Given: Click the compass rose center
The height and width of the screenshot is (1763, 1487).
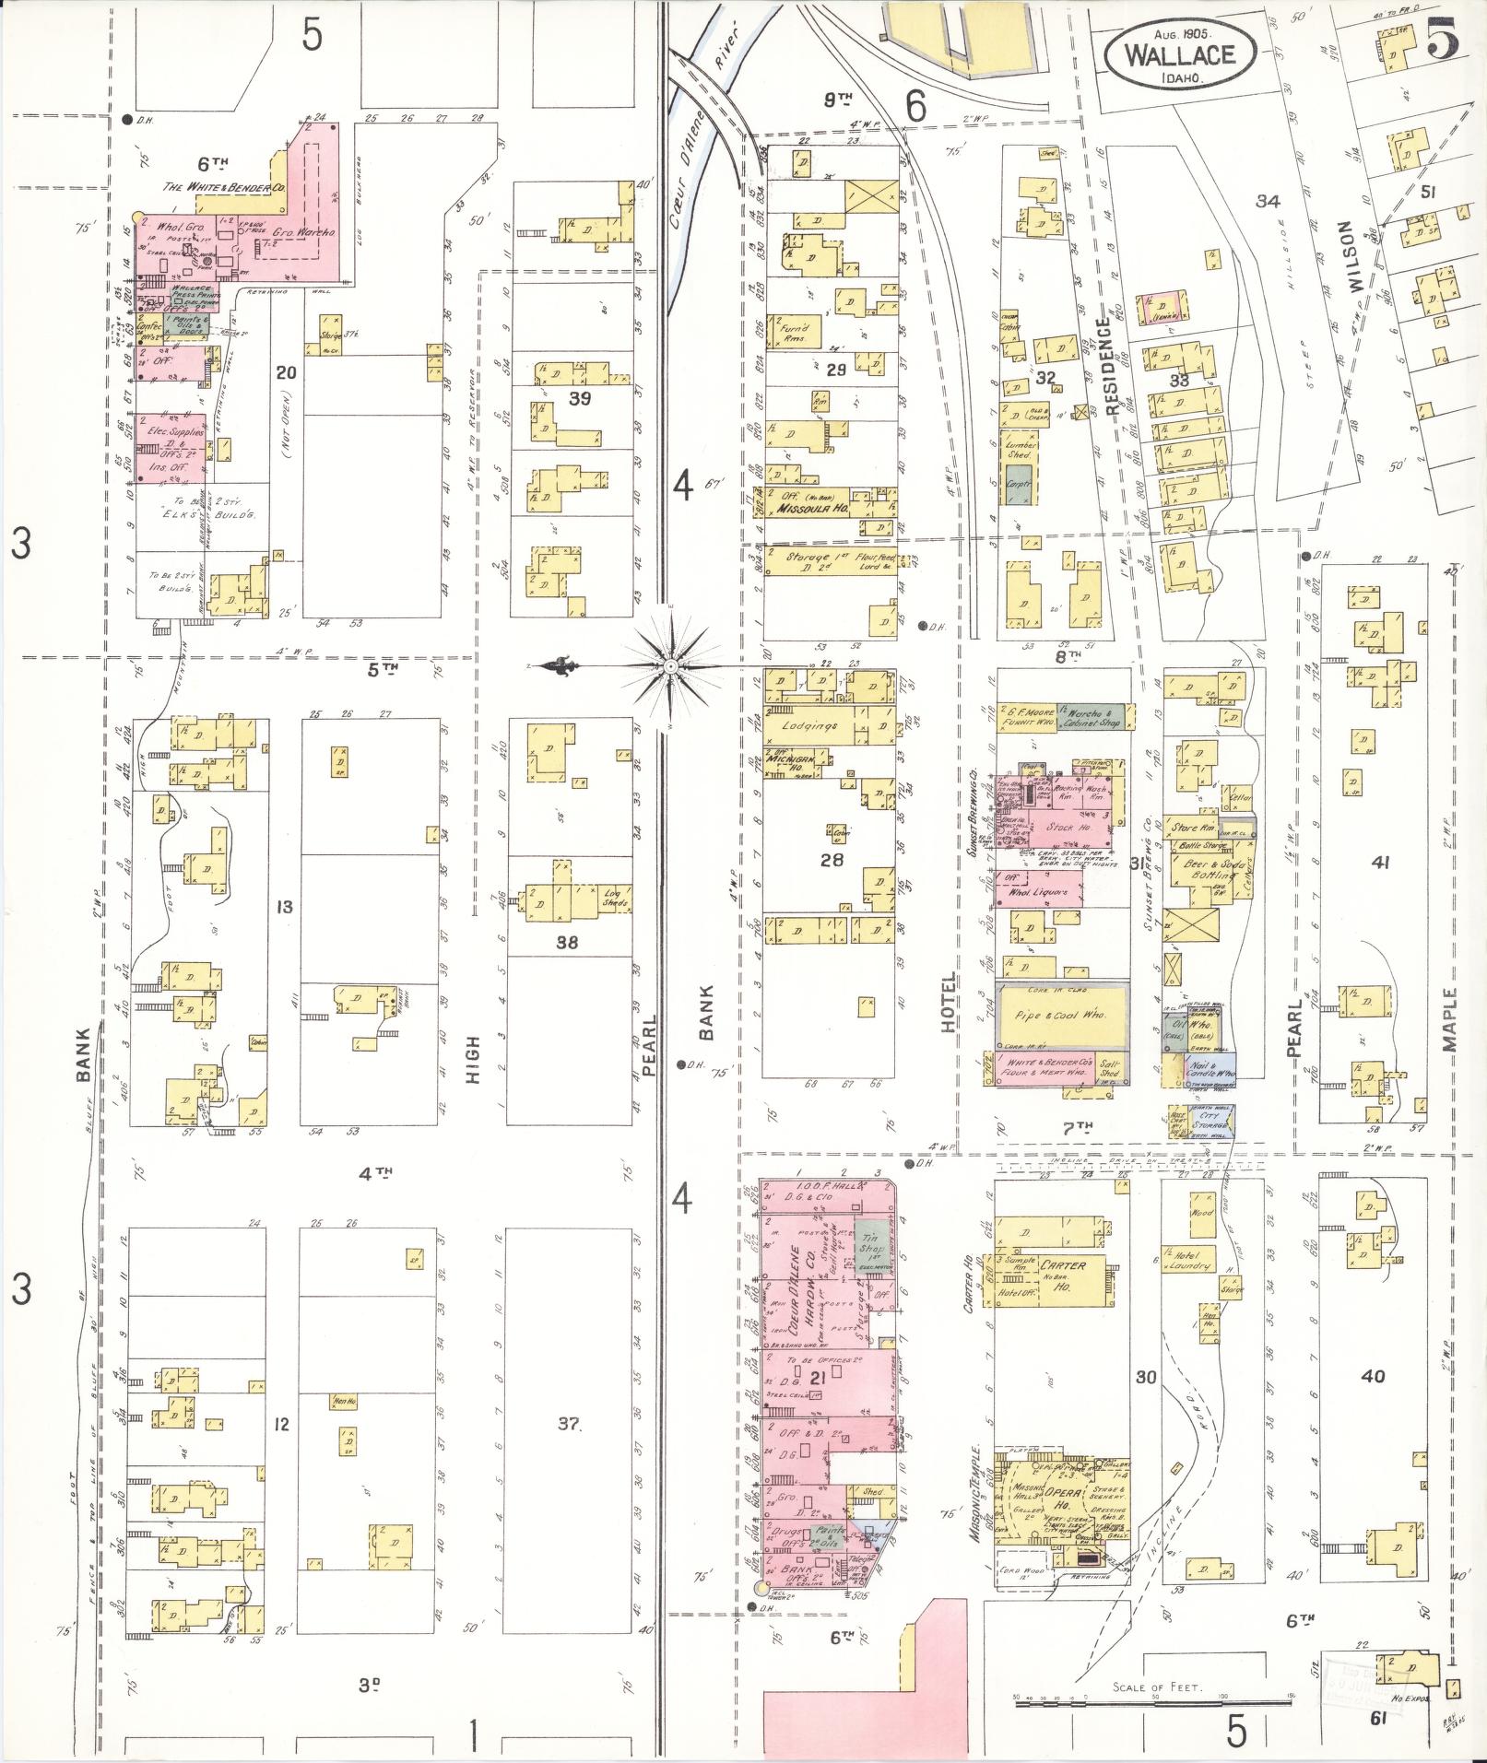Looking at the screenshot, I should [672, 664].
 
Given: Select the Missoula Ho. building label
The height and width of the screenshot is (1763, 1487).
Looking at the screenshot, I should [805, 508].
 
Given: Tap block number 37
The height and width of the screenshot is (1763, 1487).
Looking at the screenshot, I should [569, 1424].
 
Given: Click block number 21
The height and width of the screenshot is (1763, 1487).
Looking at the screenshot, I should [817, 1404].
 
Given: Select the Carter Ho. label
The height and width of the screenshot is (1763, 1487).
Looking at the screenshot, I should [1062, 1275].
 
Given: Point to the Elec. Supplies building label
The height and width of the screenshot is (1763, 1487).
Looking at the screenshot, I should [172, 430].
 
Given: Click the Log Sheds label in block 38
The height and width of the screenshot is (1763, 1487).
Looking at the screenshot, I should [610, 898].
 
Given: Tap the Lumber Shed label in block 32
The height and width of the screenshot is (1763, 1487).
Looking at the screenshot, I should [1021, 450].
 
